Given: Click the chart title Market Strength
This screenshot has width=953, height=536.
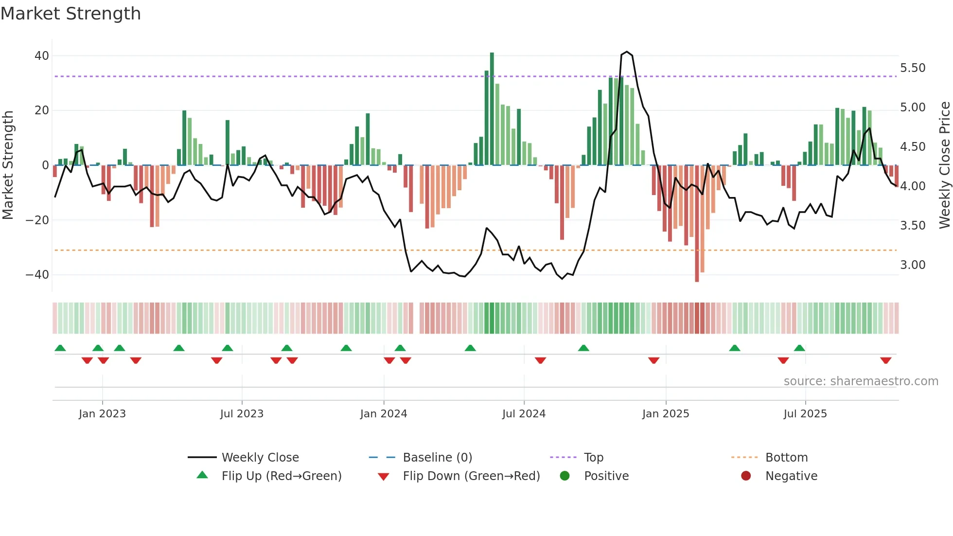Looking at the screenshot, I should point(71,14).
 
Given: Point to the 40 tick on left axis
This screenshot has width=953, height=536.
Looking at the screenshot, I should point(42,56).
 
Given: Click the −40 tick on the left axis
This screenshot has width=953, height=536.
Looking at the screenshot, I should point(38,275).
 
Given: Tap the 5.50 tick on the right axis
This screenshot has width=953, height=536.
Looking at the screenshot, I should point(913,68).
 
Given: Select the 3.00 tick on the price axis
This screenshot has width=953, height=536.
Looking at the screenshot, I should point(913,265).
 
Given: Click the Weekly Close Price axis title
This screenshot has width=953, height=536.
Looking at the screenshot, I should point(944,165).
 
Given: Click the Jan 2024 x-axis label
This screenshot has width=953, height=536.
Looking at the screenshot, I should point(384,414).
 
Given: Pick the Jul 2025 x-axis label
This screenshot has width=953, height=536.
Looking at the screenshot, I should point(805,414).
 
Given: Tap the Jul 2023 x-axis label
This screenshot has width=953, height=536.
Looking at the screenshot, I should point(242,414).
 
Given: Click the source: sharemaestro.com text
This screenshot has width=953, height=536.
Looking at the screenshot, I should point(861,381).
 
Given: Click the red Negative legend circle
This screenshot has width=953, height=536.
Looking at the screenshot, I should point(746,476).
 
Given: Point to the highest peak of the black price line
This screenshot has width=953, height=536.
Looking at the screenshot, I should point(627,52).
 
